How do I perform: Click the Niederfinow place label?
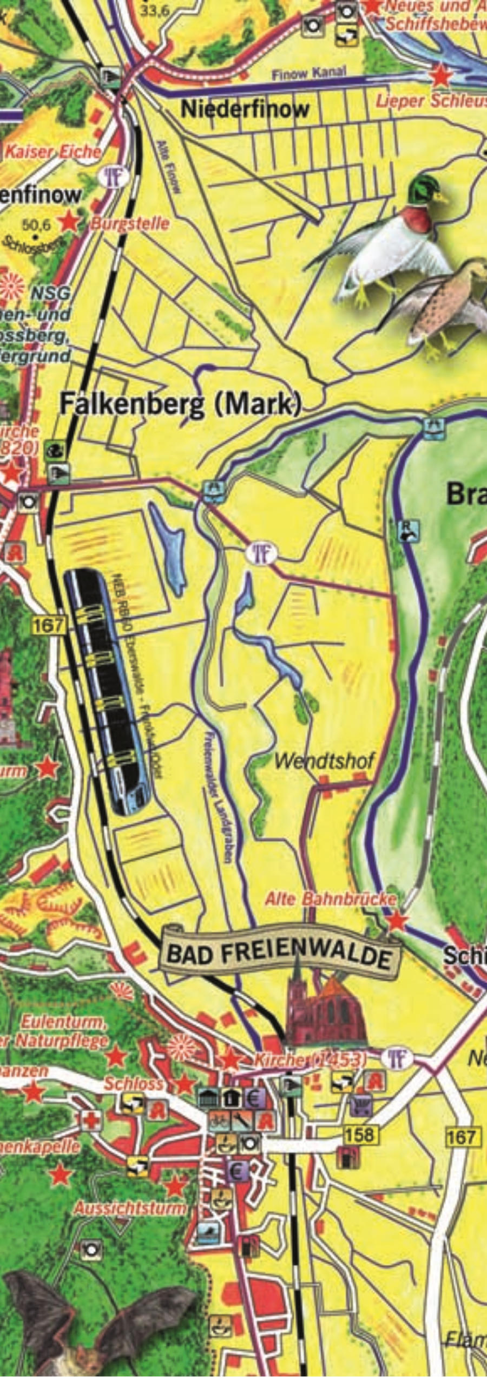coord(245,109)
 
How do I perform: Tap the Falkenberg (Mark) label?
coord(180,405)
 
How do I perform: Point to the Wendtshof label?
coord(324,761)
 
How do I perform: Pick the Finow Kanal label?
coord(308,74)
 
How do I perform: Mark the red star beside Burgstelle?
coord(69,221)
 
